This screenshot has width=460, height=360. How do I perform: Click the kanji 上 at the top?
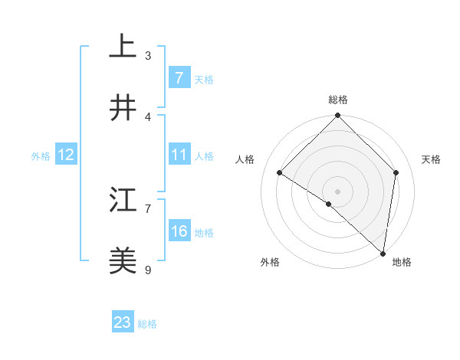(123, 47)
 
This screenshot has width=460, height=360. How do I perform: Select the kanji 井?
(123, 108)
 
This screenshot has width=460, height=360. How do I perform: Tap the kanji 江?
(123, 200)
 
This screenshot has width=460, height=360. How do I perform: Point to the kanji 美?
(123, 261)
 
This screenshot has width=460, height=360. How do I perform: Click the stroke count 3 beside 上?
(148, 55)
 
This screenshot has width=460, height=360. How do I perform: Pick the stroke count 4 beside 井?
(148, 116)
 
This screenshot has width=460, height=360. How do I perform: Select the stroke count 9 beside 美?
(148, 270)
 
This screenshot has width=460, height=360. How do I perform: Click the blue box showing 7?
(179, 78)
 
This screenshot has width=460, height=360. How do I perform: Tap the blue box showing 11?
(179, 155)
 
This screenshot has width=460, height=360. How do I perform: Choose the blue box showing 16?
(179, 231)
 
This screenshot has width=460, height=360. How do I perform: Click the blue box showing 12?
(65, 155)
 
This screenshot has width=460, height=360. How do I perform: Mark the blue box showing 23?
(123, 322)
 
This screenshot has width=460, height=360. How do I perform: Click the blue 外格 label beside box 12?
(41, 155)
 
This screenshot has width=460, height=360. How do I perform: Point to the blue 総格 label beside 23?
(147, 324)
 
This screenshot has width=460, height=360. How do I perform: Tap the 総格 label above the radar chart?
(338, 100)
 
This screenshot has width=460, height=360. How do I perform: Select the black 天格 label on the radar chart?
(431, 159)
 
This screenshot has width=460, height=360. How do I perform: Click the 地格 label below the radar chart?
(402, 262)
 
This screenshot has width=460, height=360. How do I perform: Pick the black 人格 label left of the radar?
(245, 159)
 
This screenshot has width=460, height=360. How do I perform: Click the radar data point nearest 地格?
(383, 253)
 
